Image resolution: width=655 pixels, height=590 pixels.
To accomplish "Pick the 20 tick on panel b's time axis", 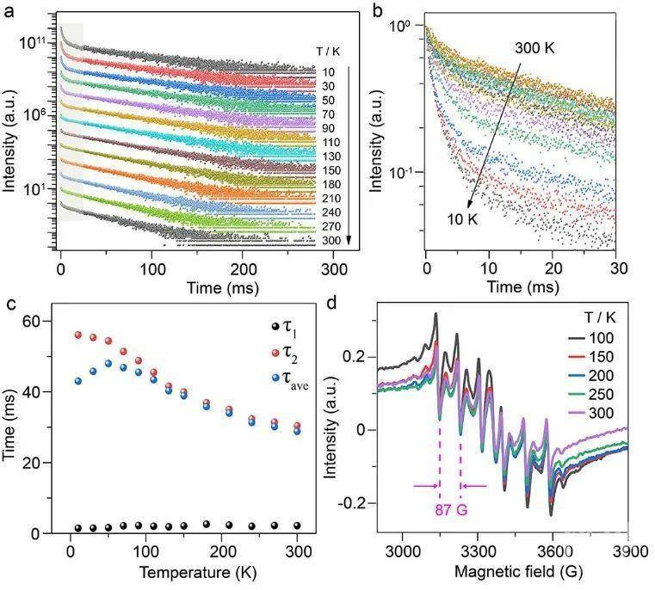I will click(552, 267).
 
